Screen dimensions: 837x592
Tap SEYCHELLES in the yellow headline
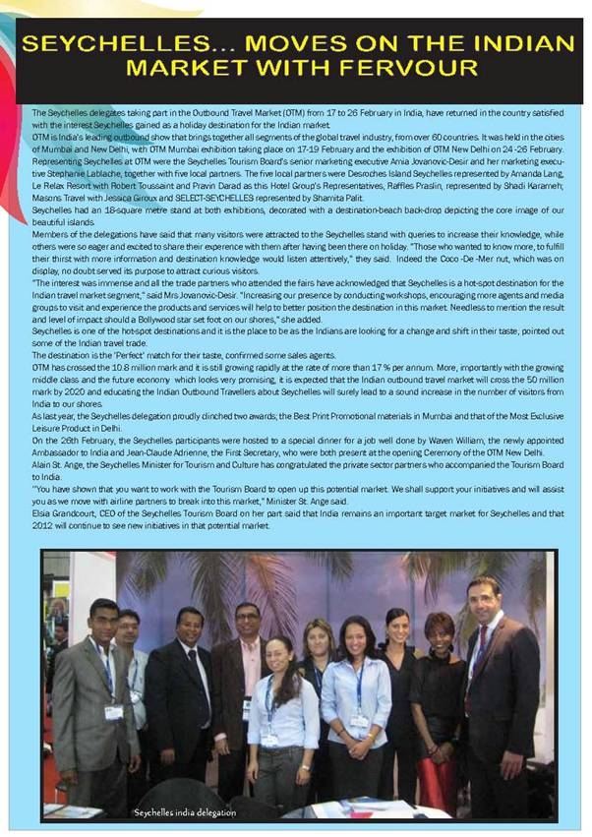click(111, 44)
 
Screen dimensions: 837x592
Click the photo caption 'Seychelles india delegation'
click(188, 810)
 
